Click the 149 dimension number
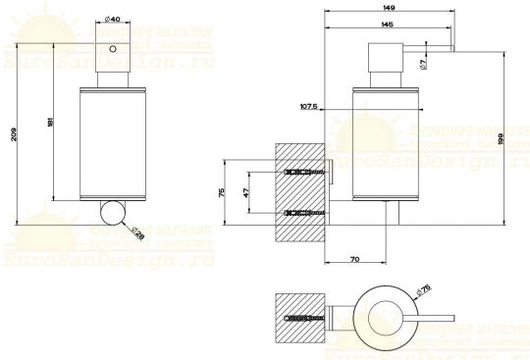(x=391, y=9)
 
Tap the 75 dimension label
(x=224, y=191)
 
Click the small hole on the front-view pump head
(x=112, y=48)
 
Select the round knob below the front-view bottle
(x=113, y=212)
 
